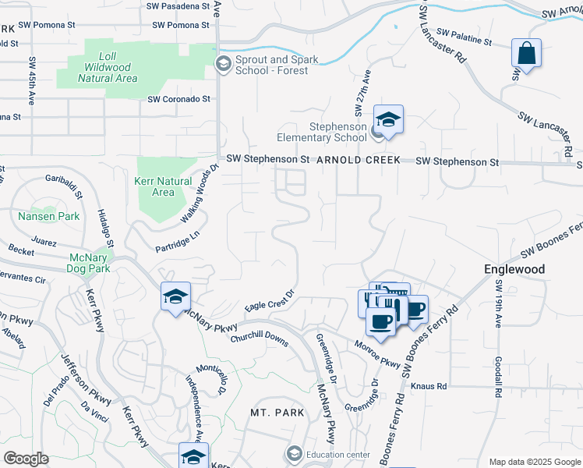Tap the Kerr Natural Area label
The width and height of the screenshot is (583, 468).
point(163,186)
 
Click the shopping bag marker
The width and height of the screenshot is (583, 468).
point(527,55)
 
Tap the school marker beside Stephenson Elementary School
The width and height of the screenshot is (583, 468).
point(387,121)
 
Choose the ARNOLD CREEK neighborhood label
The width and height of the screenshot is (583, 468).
point(359,160)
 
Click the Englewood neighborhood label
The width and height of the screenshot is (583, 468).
point(514,269)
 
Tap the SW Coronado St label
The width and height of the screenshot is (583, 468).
point(179,99)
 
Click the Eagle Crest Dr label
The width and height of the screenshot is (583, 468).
point(269,300)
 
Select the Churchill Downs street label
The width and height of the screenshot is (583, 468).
point(260,336)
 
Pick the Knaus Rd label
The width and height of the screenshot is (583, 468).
point(429,386)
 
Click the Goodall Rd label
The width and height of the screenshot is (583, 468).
point(496,379)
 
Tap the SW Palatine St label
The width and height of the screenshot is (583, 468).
point(464,37)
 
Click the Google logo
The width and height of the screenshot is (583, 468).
point(26,459)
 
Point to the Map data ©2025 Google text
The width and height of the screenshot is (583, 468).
point(533,462)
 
